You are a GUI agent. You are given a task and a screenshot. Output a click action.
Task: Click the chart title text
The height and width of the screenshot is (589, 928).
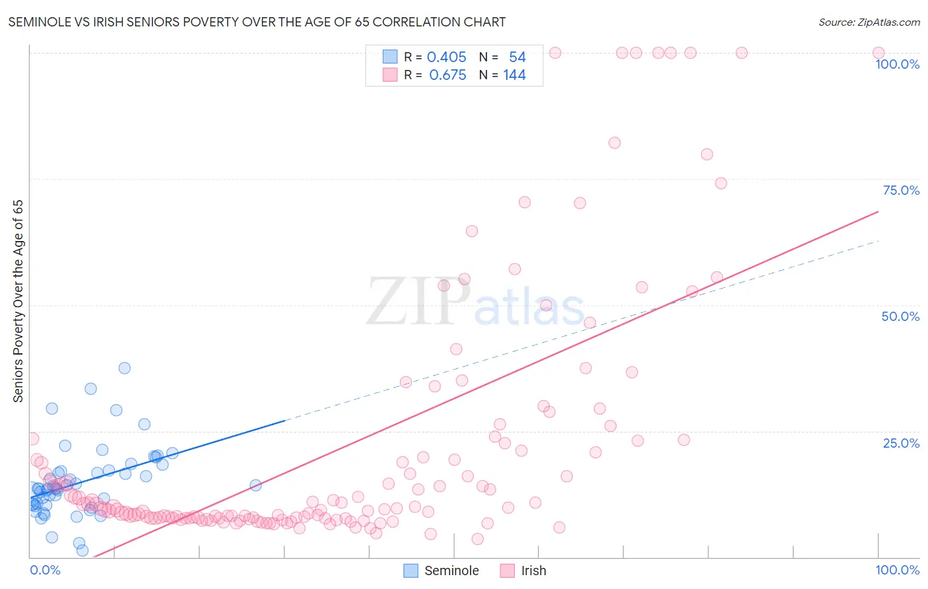(x=257, y=22)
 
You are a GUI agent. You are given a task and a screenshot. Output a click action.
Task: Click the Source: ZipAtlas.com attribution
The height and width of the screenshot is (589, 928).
(x=869, y=22)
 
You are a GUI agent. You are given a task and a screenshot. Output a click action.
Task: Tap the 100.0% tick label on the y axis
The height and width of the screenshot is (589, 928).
(x=897, y=64)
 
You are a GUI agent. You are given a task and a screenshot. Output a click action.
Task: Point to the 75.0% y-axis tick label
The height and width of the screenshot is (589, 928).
(x=900, y=190)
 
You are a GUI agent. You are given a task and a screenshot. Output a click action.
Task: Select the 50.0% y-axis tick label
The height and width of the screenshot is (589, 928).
(x=900, y=316)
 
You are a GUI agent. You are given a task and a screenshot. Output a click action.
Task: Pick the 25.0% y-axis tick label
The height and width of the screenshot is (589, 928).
(x=900, y=442)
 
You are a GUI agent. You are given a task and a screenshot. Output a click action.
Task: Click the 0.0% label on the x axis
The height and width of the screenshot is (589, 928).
(x=45, y=570)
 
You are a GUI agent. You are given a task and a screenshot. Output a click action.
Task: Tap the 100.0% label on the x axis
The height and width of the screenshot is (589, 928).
(x=897, y=570)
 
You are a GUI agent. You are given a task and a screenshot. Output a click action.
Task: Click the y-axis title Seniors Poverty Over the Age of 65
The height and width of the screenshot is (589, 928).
(x=18, y=300)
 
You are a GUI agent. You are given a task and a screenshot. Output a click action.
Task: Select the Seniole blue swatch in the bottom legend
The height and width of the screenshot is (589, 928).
(x=411, y=571)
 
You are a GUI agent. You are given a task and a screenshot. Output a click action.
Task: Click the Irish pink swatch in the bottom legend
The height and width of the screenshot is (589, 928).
(x=507, y=571)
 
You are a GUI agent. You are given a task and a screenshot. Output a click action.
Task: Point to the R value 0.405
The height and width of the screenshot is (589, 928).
(x=446, y=57)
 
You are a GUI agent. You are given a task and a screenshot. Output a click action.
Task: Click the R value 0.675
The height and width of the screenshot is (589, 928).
(x=447, y=75)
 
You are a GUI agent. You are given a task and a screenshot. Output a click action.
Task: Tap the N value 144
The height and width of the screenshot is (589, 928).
(x=514, y=75)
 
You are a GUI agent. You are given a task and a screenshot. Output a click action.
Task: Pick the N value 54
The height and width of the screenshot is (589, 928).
(x=517, y=57)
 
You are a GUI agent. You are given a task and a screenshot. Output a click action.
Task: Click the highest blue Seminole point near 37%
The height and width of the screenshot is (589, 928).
(x=124, y=368)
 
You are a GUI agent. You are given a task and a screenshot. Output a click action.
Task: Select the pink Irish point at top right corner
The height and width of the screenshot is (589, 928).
(x=878, y=53)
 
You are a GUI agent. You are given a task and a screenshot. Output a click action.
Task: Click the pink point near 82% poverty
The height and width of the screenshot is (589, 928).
(x=614, y=143)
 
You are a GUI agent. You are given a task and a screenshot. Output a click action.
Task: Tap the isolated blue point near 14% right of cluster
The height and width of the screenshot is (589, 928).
(x=255, y=485)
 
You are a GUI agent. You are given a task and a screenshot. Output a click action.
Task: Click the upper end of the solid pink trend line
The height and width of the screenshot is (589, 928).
(x=878, y=211)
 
